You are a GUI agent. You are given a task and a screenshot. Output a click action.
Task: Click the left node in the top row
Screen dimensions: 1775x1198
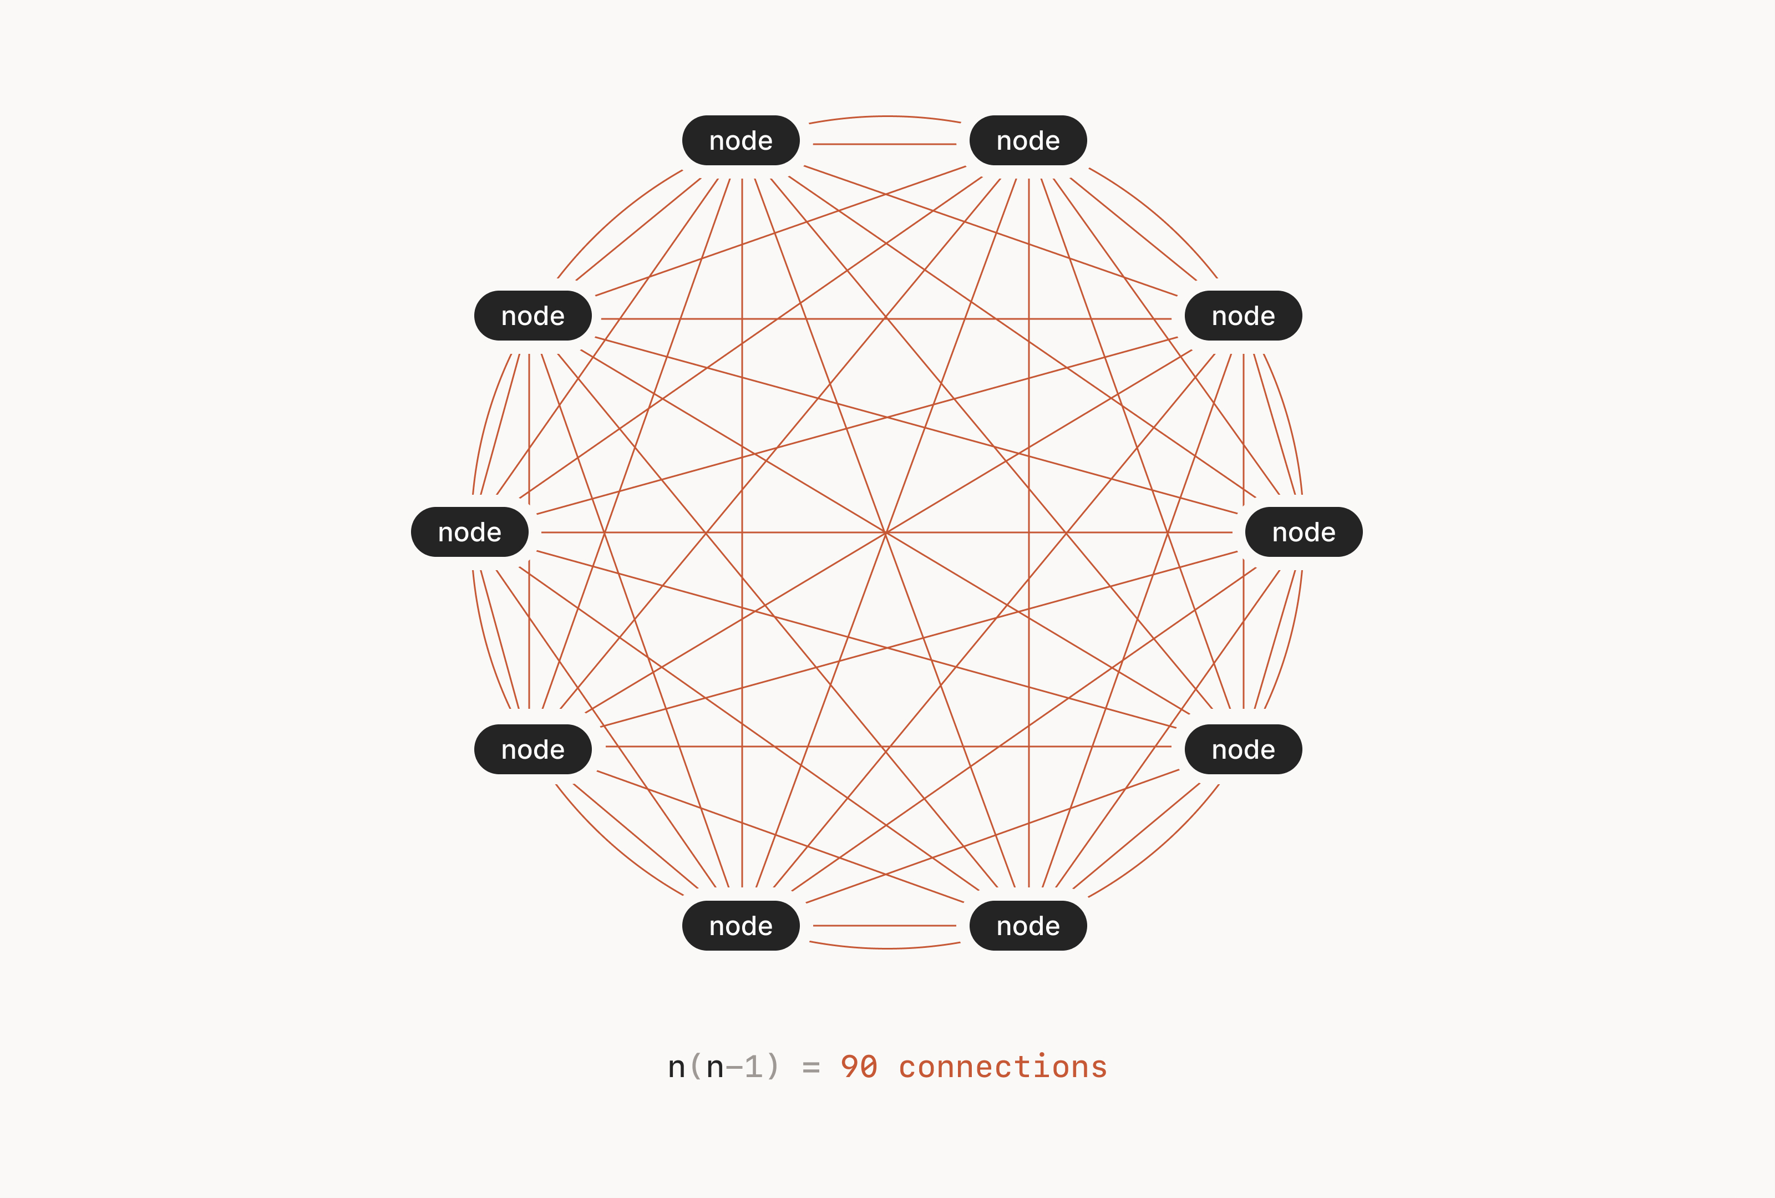coord(741,140)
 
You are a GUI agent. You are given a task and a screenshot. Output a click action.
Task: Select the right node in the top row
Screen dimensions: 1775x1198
coord(1028,140)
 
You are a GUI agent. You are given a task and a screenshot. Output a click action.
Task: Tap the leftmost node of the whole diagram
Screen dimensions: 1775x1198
coord(470,532)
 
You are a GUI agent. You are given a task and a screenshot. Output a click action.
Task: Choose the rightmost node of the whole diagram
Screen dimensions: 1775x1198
coord(1304,532)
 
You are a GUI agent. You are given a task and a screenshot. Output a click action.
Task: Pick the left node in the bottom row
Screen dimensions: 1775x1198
coord(741,926)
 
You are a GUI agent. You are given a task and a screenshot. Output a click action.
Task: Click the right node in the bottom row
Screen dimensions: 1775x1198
coord(1028,926)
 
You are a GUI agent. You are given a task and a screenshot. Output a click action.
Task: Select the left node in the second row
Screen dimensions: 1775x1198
coord(533,316)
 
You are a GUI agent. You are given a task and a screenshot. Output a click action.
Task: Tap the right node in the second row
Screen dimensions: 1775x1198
coord(1244,316)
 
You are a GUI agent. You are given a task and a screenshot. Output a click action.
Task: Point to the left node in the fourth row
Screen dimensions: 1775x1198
coord(533,749)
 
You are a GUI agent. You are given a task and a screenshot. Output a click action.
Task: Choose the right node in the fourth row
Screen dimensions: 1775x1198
coord(1244,749)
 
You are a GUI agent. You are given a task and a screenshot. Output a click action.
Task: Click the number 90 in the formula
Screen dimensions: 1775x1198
coord(859,1067)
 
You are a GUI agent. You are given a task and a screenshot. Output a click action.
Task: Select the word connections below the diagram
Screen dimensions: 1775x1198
coord(1003,1067)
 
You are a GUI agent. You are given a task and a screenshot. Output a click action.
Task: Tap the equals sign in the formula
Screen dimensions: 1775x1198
coord(811,1068)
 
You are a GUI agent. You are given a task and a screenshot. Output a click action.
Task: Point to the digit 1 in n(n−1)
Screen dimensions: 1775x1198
coord(753,1067)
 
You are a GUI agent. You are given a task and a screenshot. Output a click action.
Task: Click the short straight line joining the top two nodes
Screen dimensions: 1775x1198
coord(884,144)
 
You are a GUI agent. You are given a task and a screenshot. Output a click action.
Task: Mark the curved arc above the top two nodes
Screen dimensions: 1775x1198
coord(884,116)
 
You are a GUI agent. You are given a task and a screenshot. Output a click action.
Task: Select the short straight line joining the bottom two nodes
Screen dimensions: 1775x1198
coord(884,926)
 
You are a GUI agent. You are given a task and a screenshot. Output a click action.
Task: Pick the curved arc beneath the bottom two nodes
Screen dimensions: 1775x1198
coord(884,948)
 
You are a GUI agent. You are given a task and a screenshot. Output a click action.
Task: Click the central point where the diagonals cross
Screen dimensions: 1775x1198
coord(885,532)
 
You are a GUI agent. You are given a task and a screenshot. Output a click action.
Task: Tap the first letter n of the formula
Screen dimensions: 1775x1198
coord(677,1068)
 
